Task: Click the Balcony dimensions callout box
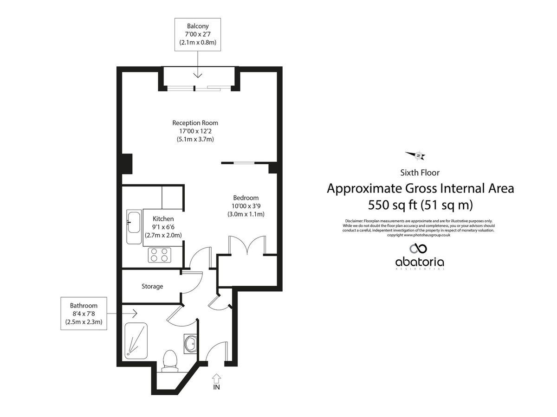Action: pyautogui.click(x=198, y=34)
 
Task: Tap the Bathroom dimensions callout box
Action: pyautogui.click(x=84, y=314)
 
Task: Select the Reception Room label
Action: pyautogui.click(x=195, y=123)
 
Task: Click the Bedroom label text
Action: pyautogui.click(x=246, y=198)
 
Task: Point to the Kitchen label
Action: pyautogui.click(x=163, y=219)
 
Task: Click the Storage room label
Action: pyautogui.click(x=152, y=287)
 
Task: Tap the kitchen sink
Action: pyautogui.click(x=134, y=222)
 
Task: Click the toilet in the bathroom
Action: pyautogui.click(x=170, y=360)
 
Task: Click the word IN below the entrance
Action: pyautogui.click(x=216, y=387)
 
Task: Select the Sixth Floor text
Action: pyautogui.click(x=420, y=173)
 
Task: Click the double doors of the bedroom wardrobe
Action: pyautogui.click(x=247, y=245)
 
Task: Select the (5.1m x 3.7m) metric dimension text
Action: pyautogui.click(x=195, y=139)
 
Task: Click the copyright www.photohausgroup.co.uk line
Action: pyautogui.click(x=419, y=235)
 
